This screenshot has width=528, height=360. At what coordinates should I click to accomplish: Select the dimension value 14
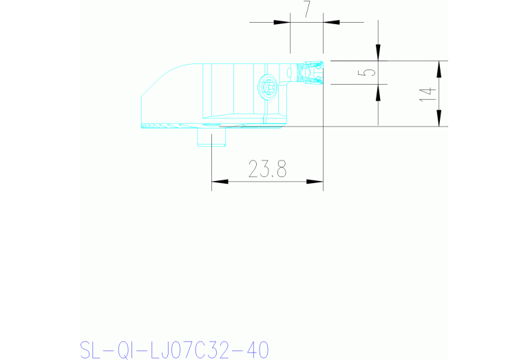coord(429,94)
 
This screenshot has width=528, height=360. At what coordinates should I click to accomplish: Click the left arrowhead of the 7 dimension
coord(282,22)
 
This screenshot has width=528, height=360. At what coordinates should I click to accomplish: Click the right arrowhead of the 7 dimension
coord(331,22)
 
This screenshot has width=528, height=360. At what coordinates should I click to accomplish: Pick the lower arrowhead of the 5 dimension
coord(377,92)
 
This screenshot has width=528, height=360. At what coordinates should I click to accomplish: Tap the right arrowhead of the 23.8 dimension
coord(315,182)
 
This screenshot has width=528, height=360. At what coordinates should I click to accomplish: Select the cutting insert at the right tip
coord(310,73)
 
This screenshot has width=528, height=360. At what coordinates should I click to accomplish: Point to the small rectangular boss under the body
coord(212,137)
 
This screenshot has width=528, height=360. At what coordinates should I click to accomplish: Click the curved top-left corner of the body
coord(169,74)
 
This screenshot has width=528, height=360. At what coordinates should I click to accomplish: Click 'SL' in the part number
coord(91,350)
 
